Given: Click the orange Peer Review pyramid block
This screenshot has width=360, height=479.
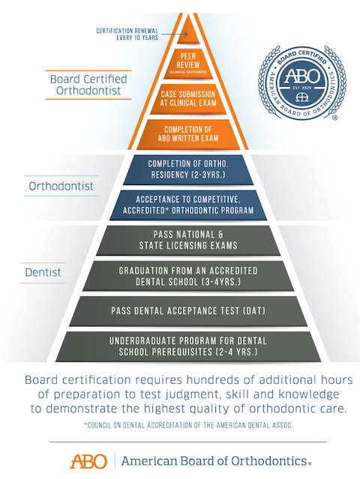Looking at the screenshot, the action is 188,64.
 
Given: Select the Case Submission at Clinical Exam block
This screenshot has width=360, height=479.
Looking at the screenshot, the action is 188,99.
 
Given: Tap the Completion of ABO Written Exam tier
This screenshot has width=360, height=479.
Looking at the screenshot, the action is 188,134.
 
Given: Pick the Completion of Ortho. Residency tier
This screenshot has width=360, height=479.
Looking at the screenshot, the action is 188,169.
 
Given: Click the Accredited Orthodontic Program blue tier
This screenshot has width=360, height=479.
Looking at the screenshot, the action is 188,205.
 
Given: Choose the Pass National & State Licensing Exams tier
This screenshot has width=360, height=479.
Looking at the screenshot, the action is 188,241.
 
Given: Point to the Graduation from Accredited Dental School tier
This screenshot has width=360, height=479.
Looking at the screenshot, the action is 188,276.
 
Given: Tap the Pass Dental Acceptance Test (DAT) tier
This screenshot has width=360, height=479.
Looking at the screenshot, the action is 188,311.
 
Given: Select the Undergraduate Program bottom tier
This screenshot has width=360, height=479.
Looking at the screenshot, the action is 188,346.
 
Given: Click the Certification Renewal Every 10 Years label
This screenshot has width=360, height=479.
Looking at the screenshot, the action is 127,34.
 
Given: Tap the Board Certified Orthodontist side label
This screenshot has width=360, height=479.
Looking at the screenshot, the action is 88,85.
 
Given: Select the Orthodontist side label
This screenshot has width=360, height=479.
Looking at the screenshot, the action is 61,186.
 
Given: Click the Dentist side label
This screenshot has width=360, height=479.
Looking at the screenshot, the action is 43,272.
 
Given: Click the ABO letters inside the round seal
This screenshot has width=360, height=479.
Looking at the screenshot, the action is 302,76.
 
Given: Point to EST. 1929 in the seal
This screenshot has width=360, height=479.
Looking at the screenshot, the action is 302,88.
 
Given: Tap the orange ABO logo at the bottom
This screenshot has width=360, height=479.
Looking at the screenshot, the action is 88,461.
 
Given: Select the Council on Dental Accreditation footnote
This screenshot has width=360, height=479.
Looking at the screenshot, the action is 188,425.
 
